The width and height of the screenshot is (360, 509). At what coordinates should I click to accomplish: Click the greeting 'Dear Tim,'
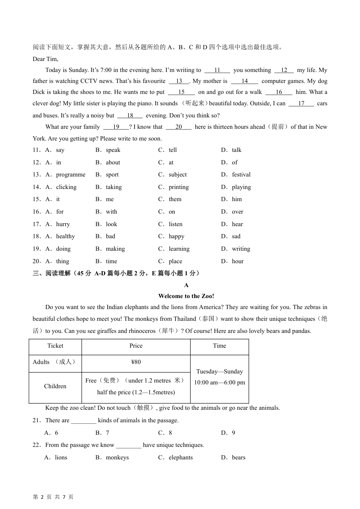pyautogui.click(x=45, y=59)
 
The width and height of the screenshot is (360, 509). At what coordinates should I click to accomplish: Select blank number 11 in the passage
pyautogui.click(x=217, y=70)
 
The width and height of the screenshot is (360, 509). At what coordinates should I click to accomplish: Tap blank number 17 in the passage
pyautogui.click(x=301, y=103)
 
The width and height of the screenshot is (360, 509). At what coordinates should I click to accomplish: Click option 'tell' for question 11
pyautogui.click(x=173, y=150)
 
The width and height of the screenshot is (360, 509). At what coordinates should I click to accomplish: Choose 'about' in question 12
pyautogui.click(x=113, y=162)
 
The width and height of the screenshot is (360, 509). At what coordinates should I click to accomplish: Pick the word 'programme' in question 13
pyautogui.click(x=70, y=175)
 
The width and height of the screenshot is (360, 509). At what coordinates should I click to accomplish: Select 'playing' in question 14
pyautogui.click(x=241, y=187)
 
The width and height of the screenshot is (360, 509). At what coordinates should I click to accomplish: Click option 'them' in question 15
pyautogui.click(x=175, y=199)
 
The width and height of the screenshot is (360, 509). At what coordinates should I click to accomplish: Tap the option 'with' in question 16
pyautogui.click(x=111, y=212)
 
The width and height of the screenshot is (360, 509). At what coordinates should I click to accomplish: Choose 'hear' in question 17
pyautogui.click(x=237, y=224)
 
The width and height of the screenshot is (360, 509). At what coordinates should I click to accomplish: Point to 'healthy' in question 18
pyautogui.click(x=65, y=236)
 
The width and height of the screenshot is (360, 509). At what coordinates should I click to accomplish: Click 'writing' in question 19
pyautogui.click(x=241, y=249)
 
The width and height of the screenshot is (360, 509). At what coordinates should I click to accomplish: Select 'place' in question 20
pyautogui.click(x=175, y=261)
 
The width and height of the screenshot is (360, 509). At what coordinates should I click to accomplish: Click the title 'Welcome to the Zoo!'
pyautogui.click(x=186, y=296)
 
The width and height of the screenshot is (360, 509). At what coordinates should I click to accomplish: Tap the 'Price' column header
pyautogui.click(x=136, y=346)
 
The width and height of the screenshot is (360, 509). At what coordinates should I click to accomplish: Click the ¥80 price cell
pyautogui.click(x=136, y=362)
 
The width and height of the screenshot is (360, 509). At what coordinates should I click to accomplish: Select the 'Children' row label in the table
pyautogui.click(x=55, y=386)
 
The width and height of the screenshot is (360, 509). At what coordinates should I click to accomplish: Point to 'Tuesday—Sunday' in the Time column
pyautogui.click(x=219, y=372)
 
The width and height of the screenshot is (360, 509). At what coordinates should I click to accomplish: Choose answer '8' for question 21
pyautogui.click(x=170, y=433)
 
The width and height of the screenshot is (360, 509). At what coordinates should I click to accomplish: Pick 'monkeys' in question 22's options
pyautogui.click(x=117, y=457)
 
